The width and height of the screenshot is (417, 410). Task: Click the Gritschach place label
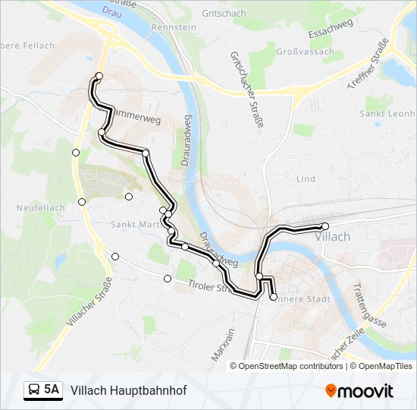225,14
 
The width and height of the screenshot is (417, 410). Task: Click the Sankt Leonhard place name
388,114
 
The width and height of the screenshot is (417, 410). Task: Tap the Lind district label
306,179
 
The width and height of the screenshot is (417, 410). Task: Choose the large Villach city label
332,237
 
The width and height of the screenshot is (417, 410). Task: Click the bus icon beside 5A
34,390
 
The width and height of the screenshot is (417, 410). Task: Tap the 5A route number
52,390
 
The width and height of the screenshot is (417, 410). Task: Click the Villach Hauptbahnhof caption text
128,390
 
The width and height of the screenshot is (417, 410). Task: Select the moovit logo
359,391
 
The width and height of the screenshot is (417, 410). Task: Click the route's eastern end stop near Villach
325,226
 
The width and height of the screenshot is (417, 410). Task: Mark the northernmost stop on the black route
99,75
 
